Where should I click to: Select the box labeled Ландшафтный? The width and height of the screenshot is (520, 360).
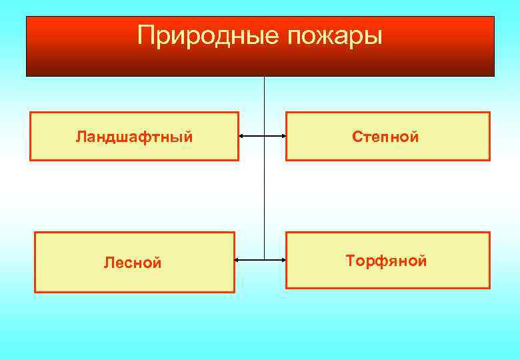(134, 137)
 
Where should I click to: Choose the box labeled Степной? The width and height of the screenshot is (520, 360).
(387, 137)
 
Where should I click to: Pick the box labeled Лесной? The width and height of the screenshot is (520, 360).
(134, 263)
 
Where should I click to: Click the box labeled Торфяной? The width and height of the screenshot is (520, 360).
(387, 260)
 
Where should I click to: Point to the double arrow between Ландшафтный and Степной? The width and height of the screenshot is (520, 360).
(262, 137)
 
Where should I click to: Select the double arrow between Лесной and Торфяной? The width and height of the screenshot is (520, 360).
(260, 259)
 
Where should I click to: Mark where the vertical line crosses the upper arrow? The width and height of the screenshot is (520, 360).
(265, 137)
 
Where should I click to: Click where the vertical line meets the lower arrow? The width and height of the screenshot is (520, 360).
(265, 259)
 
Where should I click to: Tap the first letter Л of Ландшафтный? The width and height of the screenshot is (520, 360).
(80, 137)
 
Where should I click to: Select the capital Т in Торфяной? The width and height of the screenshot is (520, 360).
(350, 260)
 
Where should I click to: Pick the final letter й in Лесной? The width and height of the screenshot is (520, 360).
(157, 263)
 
